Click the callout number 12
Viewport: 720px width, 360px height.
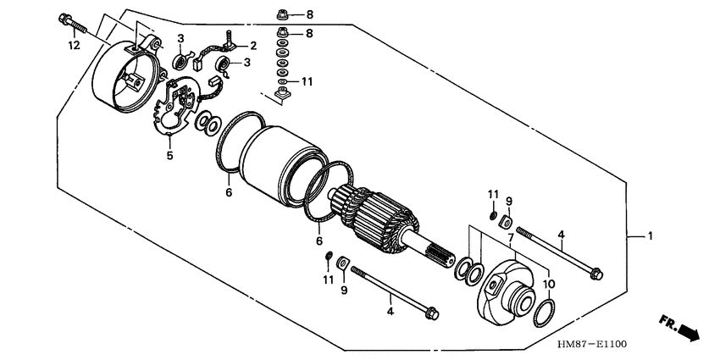coord(75,45)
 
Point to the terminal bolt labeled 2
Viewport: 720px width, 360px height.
coord(230,41)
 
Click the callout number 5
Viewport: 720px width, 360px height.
coord(169,155)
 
